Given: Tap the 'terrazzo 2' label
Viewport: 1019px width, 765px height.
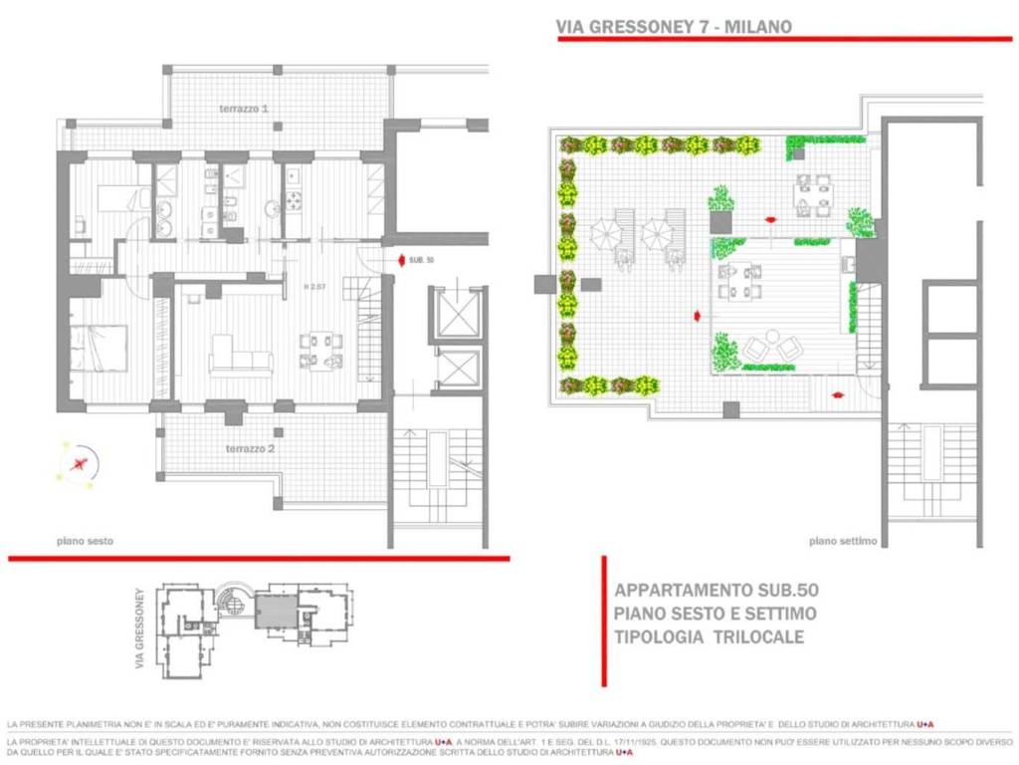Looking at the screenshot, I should pos(245,449).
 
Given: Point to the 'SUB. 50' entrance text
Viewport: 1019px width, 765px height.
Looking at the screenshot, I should pos(422,260).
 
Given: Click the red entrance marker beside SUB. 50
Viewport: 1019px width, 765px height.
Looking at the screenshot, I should pos(400,260).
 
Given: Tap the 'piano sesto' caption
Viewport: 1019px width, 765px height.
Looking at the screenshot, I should pos(85,541).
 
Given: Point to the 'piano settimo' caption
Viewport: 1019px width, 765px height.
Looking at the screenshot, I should pos(842,541).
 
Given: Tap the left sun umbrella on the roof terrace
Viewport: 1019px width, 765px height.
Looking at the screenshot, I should pos(604,235).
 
